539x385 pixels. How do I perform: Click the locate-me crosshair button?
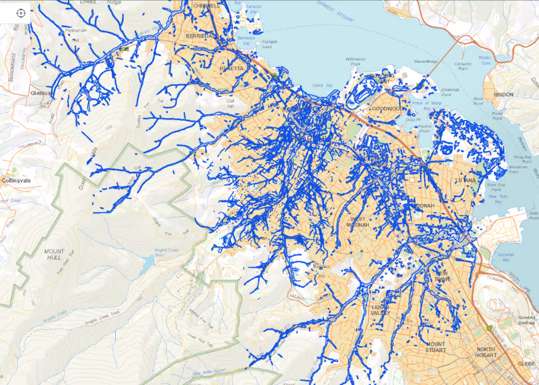click(x=20, y=13)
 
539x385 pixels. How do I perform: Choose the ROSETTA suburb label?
click(x=231, y=68)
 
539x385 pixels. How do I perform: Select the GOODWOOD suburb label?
click(x=387, y=109)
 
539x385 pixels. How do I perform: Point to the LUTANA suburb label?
click(x=465, y=180)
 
